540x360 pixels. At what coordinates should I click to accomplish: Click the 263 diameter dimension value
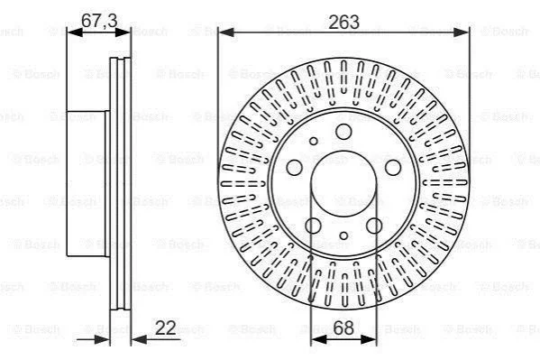pyautogui.click(x=343, y=22)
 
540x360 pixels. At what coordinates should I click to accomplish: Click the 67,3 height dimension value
pyautogui.click(x=99, y=21)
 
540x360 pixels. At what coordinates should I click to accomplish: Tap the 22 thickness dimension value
pyautogui.click(x=165, y=328)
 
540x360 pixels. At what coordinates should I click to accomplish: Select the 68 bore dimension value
pyautogui.click(x=343, y=328)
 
